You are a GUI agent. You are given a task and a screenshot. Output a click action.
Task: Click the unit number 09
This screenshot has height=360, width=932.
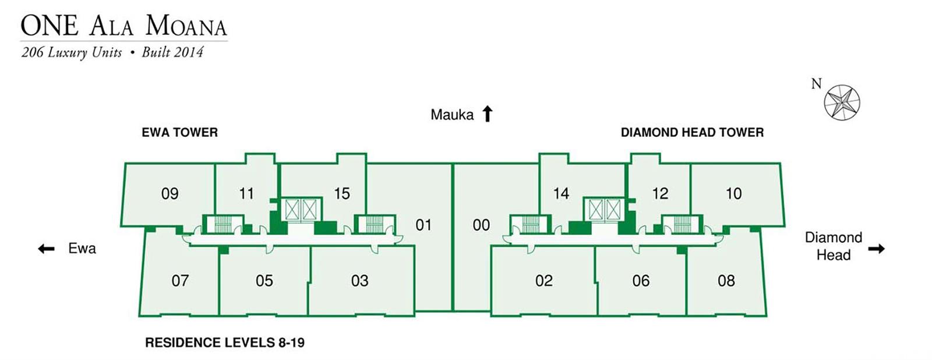170,194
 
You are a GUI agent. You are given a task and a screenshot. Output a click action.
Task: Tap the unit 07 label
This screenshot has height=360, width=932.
180,281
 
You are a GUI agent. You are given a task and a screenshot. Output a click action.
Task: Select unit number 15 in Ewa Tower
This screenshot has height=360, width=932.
342,194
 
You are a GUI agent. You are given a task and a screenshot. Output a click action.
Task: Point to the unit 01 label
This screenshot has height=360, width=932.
423,225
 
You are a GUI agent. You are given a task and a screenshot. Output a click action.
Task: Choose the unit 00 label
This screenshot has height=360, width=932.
481,225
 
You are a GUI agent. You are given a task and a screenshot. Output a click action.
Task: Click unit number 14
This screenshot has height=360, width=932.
561,194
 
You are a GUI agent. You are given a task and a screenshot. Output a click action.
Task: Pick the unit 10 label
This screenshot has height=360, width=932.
733,194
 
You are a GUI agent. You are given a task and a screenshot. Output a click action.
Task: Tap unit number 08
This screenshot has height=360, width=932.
726,281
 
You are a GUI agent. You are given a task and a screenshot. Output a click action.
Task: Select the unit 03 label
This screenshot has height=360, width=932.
359,281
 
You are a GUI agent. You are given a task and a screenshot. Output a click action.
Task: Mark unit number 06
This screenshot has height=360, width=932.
641,281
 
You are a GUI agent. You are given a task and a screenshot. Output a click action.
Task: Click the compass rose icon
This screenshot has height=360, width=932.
842,103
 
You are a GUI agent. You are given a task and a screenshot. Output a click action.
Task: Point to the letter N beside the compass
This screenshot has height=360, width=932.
817,84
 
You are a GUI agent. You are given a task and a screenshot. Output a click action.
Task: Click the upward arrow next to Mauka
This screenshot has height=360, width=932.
488,114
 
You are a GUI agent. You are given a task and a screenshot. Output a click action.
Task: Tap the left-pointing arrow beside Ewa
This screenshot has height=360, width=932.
46,249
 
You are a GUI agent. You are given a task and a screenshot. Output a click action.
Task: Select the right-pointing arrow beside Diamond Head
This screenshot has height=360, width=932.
876,249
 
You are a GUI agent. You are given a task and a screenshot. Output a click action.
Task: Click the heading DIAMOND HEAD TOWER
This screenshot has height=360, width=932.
692,133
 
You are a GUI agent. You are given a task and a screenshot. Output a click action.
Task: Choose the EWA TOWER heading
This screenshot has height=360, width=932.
179,133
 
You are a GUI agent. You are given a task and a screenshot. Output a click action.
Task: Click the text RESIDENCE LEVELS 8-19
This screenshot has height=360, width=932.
225,343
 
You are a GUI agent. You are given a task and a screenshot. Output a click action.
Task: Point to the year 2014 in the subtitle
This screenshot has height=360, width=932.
188,52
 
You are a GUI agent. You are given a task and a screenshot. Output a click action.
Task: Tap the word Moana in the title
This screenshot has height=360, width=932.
186,26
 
